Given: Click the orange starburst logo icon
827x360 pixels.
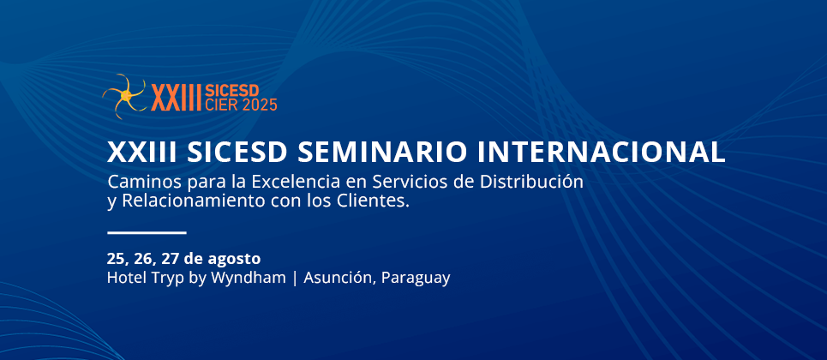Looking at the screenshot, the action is pyautogui.click(x=124, y=95).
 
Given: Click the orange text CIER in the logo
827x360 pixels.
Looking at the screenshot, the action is pyautogui.click(x=220, y=105).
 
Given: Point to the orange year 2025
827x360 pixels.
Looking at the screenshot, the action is pyautogui.click(x=260, y=105).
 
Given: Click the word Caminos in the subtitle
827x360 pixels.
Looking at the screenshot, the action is pyautogui.click(x=139, y=182).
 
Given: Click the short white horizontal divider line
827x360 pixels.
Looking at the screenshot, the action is pyautogui.click(x=147, y=232).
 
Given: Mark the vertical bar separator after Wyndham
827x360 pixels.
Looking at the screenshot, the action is pyautogui.click(x=294, y=279).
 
